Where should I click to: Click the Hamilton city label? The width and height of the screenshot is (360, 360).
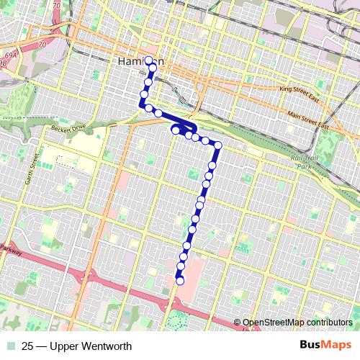(x=137, y=62)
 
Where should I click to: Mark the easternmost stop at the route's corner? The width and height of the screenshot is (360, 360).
(x=217, y=145)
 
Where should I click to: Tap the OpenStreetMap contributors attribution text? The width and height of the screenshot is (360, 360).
(x=297, y=323)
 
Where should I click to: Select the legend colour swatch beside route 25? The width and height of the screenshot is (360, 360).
(x=12, y=346)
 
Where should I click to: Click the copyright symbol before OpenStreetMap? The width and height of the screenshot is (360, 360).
(x=238, y=323)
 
